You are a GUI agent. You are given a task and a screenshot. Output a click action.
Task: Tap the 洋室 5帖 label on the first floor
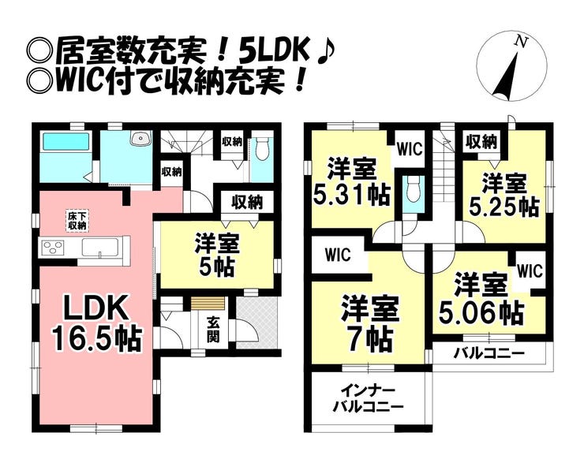tap(217, 255)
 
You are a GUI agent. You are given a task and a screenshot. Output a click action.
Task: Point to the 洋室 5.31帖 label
tap(352, 182)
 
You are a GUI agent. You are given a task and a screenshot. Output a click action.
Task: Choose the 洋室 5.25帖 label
tap(504, 195)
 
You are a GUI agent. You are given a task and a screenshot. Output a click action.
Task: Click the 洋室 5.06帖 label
tap(481, 299)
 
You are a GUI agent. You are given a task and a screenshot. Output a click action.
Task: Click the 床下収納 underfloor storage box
tap(77, 221)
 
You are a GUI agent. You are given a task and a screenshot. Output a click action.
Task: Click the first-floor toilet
tap(264, 148)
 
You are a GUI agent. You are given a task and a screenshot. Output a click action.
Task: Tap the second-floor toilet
tap(414, 188)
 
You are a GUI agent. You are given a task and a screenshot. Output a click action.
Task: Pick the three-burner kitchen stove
tap(54, 248)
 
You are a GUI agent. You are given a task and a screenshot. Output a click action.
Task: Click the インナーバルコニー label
tap(368, 399)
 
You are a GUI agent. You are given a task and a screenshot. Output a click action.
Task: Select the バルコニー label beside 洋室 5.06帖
tap(489, 352)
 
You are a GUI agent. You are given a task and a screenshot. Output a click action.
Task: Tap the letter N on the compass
tap(522, 43)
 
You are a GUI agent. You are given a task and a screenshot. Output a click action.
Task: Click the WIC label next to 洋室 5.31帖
tap(410, 149)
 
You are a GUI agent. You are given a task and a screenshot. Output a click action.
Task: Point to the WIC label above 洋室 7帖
tap(338, 255)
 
